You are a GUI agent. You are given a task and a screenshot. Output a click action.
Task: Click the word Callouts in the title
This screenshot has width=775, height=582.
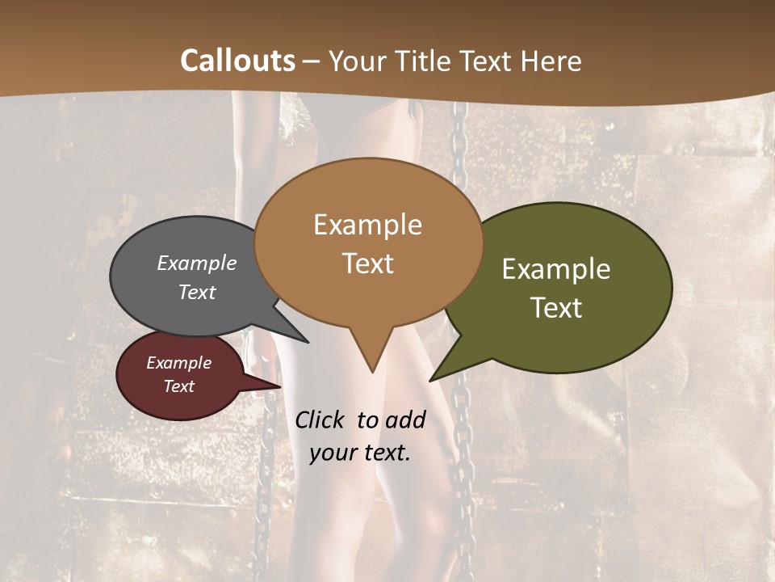(x=237, y=61)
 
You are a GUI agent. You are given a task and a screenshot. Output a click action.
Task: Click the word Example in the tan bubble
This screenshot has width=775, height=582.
(x=367, y=225)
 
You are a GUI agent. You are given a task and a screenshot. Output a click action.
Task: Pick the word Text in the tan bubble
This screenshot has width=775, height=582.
(x=367, y=263)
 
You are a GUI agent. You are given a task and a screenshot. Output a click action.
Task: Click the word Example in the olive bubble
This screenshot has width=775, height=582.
(x=556, y=269)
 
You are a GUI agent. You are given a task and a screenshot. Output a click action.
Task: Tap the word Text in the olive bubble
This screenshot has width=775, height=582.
(x=556, y=307)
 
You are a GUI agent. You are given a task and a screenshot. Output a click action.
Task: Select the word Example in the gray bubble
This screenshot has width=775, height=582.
(x=197, y=263)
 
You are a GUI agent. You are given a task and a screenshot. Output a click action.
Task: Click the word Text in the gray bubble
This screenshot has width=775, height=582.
(x=197, y=292)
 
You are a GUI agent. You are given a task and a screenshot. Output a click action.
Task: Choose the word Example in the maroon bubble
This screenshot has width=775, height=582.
(x=178, y=363)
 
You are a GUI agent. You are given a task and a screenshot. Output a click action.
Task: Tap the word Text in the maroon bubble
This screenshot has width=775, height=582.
(x=178, y=386)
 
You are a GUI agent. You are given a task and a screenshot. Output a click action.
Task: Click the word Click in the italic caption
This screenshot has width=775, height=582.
(x=320, y=420)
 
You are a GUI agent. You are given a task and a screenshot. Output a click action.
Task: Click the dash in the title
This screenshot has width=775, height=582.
(x=312, y=61)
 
